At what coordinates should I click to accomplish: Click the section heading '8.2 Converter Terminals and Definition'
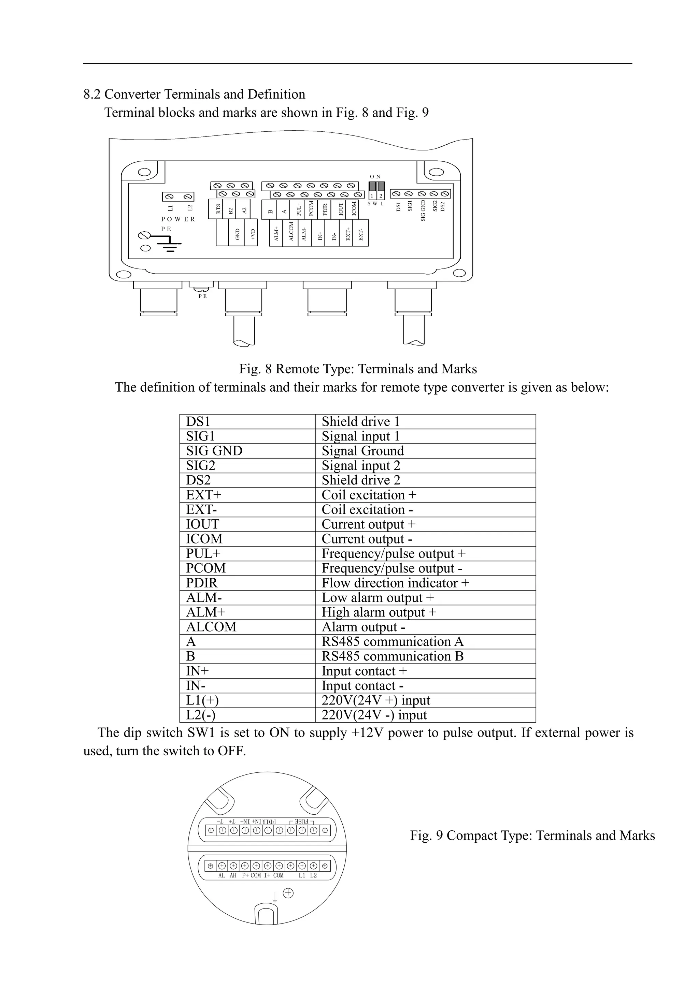coord(194,94)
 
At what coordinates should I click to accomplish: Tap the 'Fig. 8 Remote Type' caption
coord(358,369)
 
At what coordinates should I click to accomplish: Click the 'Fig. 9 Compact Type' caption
coord(532,835)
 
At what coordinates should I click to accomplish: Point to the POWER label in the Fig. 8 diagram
coord(178,219)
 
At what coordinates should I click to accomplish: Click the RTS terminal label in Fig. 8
coord(218,209)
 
